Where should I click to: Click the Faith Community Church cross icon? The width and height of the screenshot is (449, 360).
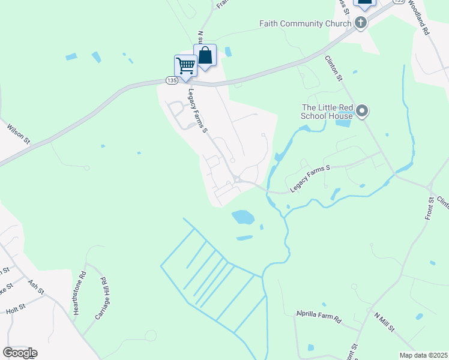pyautogui.click(x=360, y=23)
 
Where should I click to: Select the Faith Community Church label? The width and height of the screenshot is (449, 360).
pyautogui.click(x=305, y=24)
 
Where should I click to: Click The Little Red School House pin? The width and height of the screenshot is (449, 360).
pyautogui.click(x=362, y=112)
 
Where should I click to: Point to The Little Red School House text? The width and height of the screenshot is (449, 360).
pyautogui.click(x=327, y=112)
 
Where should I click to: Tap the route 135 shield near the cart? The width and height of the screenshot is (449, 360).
pyautogui.click(x=172, y=80)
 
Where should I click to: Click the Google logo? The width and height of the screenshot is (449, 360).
pyautogui.click(x=19, y=353)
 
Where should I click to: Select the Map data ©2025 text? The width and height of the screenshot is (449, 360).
pyautogui.click(x=423, y=355)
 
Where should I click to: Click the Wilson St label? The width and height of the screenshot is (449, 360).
pyautogui.click(x=17, y=134)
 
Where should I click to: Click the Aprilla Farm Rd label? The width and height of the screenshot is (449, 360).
pyautogui.click(x=318, y=316)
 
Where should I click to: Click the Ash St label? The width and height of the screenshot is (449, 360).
pyautogui.click(x=36, y=287)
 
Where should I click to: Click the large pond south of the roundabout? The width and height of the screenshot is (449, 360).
pyautogui.click(x=243, y=217)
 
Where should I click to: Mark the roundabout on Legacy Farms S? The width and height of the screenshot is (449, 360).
pyautogui.click(x=238, y=179)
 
